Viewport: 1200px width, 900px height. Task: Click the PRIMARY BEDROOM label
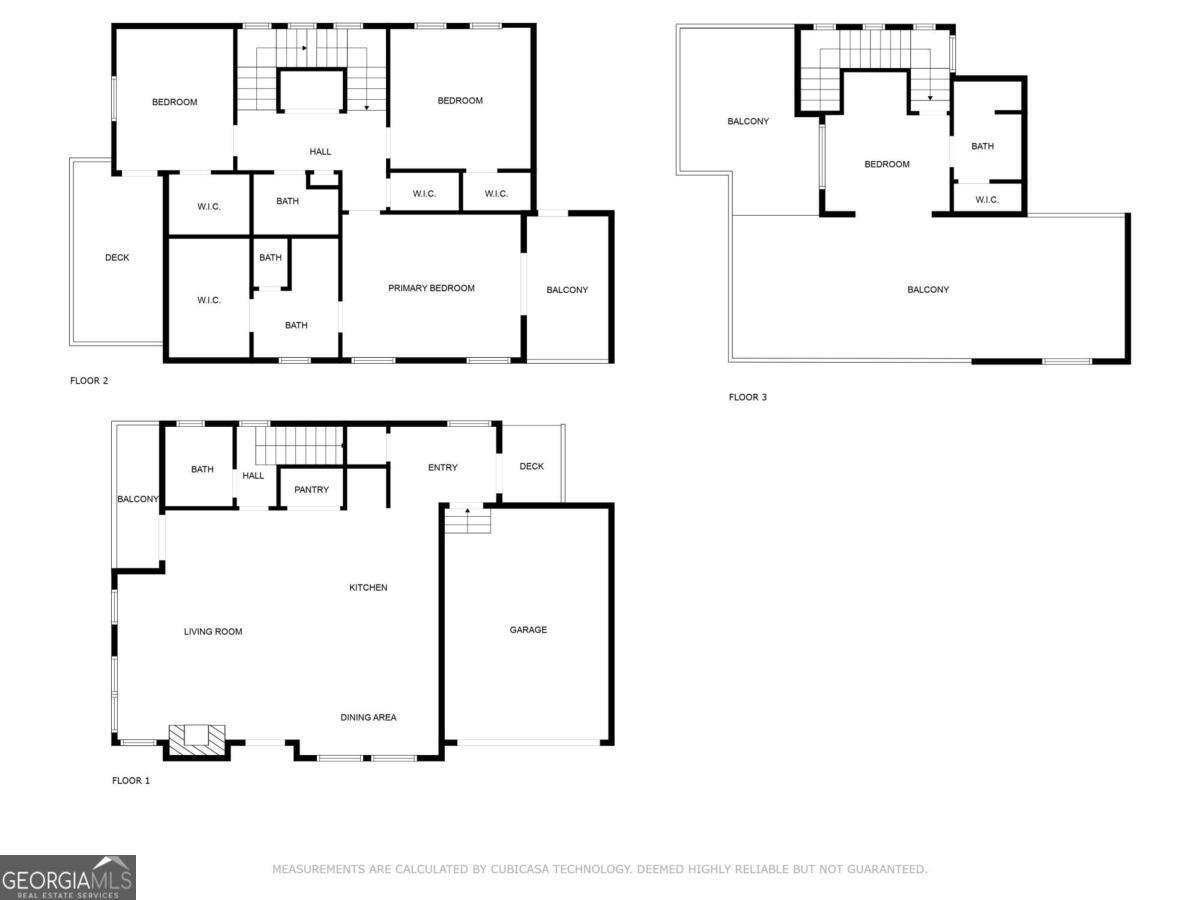[431, 288]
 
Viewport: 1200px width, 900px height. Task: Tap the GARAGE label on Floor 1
[528, 630]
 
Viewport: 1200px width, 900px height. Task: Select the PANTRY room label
[312, 490]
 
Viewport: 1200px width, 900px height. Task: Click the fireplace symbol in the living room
[196, 738]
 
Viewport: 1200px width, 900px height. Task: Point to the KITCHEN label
[368, 587]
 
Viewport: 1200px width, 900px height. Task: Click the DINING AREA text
[368, 717]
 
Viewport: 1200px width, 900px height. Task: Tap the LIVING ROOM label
[213, 631]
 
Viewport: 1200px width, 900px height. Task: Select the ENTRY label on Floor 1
[442, 467]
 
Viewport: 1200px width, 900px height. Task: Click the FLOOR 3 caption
[748, 397]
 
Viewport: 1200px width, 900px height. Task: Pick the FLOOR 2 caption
[89, 380]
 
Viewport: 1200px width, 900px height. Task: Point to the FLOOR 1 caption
[131, 780]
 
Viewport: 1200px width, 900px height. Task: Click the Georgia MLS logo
[67, 877]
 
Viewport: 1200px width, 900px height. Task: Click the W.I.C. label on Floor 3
[987, 200]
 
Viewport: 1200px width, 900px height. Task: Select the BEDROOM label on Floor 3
[887, 164]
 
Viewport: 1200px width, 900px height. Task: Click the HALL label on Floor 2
[320, 152]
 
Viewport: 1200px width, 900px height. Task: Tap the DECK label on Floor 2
[117, 258]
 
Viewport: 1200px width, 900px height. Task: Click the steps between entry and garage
[467, 520]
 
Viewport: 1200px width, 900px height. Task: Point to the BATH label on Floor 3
[983, 146]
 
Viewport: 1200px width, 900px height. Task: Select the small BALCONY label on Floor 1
[138, 499]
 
